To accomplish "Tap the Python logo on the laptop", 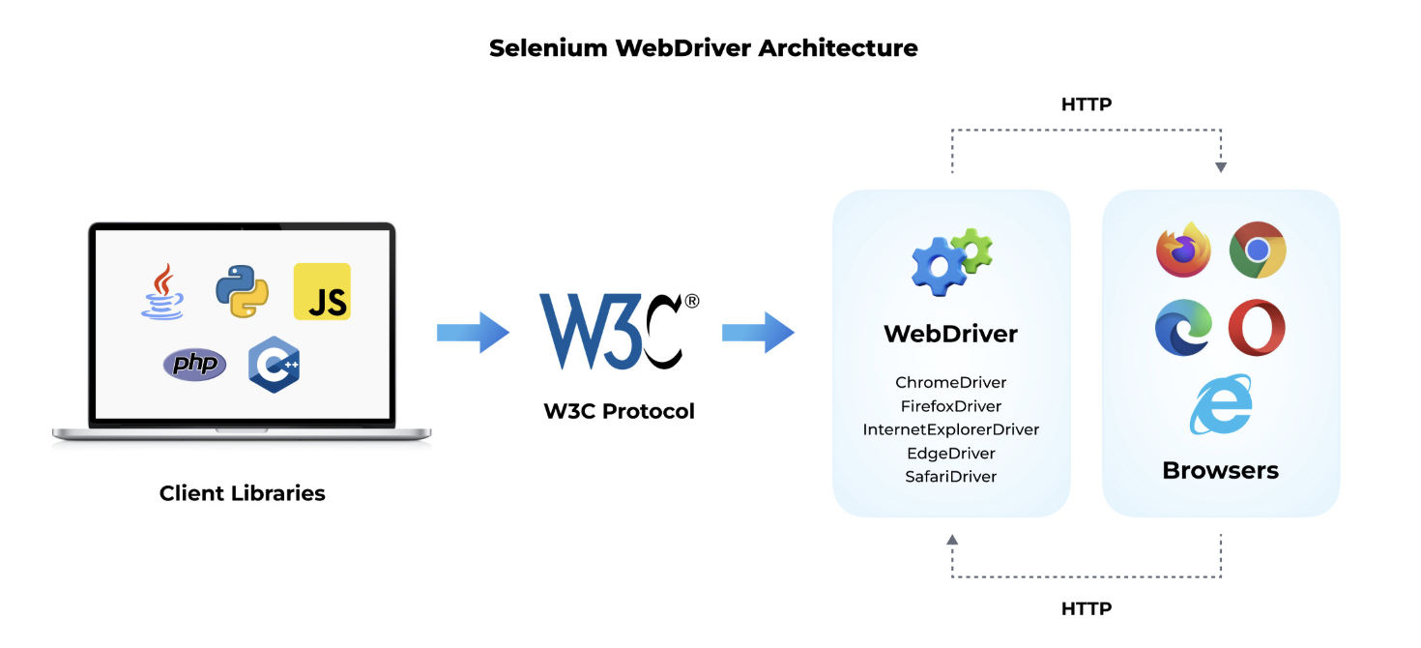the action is (242, 291).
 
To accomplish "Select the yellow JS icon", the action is (322, 291).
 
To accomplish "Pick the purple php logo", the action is (194, 364).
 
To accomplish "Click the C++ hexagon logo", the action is (275, 365).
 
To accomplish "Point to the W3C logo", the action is (619, 331).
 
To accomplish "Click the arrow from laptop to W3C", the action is (473, 332).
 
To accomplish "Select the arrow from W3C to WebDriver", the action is (758, 332).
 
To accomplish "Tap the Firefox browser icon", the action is (1183, 250).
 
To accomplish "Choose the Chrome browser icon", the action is (1258, 250).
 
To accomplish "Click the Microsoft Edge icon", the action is (1183, 328).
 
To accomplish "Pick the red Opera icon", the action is (1257, 328).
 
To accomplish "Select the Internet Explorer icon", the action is (1221, 405).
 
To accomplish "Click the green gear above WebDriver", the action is (971, 250).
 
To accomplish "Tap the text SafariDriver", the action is (951, 477).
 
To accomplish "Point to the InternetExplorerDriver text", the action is (951, 429).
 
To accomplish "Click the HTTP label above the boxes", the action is (1087, 104).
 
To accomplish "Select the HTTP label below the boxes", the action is (1087, 608).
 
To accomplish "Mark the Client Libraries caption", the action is (243, 493).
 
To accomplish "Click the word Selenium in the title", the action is (548, 48).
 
